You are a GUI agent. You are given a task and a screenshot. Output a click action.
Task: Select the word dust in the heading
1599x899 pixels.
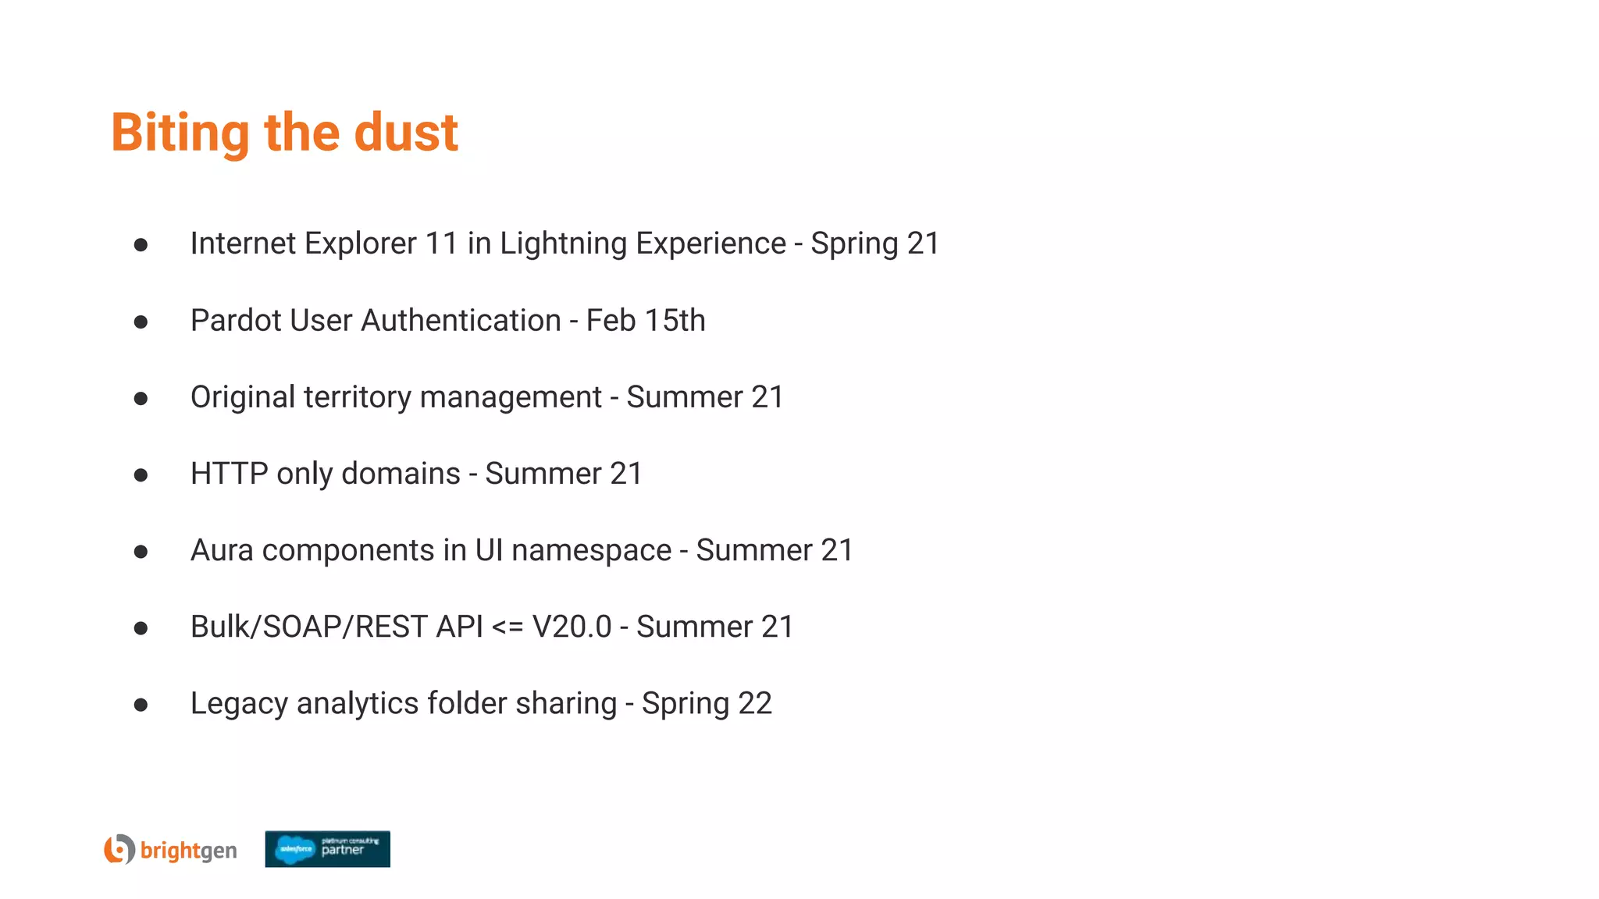point(406,133)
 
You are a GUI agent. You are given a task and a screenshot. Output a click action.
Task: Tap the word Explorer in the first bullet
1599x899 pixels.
point(360,243)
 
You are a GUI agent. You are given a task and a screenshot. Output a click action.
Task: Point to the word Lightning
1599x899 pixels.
point(563,243)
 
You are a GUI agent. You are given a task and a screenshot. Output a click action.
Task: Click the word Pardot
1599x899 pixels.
point(235,321)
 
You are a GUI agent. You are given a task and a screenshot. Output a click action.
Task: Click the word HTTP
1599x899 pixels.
point(230,474)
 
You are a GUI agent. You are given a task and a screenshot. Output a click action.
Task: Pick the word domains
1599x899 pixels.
point(401,474)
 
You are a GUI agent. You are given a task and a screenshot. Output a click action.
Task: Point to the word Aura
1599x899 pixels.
point(222,550)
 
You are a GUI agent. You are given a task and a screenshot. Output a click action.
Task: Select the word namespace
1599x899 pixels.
point(591,550)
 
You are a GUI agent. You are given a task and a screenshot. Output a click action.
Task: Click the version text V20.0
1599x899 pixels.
point(572,627)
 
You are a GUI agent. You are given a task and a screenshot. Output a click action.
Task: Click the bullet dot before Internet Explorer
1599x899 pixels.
point(141,245)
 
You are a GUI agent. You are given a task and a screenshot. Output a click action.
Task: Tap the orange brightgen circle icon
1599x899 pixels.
point(119,849)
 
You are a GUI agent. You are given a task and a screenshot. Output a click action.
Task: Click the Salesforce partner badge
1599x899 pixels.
point(327,849)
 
